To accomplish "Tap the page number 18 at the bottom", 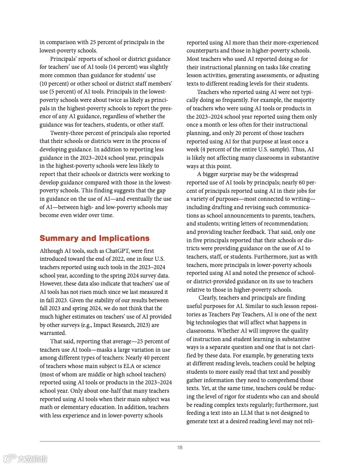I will [180, 447].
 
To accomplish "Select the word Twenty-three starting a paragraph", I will [66, 133].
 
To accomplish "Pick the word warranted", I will [52, 333].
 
